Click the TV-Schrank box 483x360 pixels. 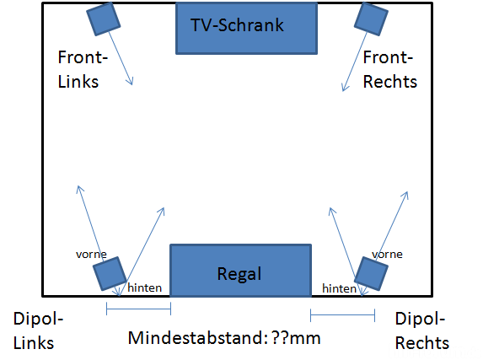pyautogui.click(x=247, y=26)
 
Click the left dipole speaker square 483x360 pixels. pyautogui.click(x=110, y=273)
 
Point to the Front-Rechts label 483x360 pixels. pyautogui.click(x=389, y=70)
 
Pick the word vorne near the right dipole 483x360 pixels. pyautogui.click(x=386, y=253)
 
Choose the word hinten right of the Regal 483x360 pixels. pyautogui.click(x=339, y=287)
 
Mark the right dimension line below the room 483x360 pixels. pyautogui.click(x=342, y=315)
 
